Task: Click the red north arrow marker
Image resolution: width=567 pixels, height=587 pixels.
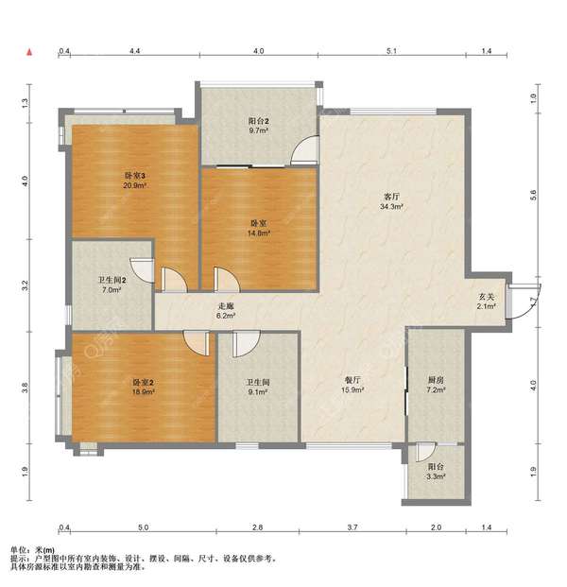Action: [x=29, y=52]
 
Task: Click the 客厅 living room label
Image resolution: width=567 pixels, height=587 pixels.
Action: [x=391, y=197]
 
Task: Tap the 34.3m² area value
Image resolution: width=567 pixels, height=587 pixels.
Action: [x=391, y=206]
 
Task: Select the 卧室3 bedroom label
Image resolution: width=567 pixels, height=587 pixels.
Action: [x=135, y=175]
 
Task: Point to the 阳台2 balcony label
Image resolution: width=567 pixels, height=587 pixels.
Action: [x=258, y=121]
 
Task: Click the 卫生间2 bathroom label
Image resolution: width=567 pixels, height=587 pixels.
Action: [x=112, y=280]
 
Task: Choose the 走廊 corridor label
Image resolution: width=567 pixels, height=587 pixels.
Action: [x=226, y=306]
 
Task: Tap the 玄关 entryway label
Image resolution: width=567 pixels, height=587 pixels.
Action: [x=486, y=297]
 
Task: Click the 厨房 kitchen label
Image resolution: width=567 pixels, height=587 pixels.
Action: [x=436, y=380]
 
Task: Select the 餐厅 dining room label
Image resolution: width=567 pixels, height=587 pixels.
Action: [x=352, y=380]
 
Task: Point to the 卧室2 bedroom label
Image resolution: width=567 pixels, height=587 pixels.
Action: [x=144, y=382]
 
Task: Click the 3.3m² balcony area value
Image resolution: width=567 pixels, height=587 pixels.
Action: [x=436, y=476]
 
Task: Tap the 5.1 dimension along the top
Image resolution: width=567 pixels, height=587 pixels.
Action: [x=391, y=51]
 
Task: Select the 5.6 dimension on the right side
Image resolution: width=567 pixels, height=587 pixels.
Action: [x=534, y=195]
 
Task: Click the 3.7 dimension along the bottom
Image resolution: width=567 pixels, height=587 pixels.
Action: [x=352, y=527]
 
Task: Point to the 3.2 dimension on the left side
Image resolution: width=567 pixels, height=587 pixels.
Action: [x=26, y=285]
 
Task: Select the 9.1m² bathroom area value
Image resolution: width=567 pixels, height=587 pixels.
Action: [x=258, y=392]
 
